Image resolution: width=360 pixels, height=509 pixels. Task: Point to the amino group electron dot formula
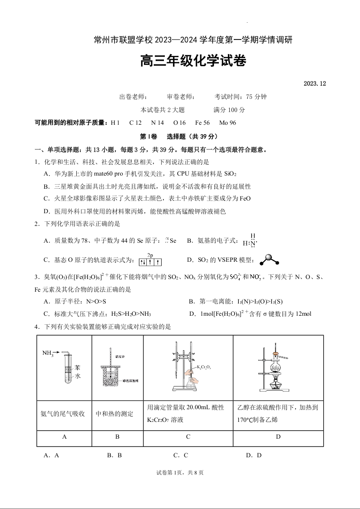click(x=250, y=240)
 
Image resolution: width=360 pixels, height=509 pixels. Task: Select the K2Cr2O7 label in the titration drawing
click(x=203, y=367)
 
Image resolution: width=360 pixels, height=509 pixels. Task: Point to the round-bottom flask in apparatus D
click(x=275, y=368)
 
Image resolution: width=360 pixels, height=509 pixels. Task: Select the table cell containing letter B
click(x=117, y=437)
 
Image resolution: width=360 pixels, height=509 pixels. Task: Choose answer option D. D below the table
click(x=254, y=455)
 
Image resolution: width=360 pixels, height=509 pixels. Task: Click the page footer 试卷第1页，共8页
click(x=180, y=473)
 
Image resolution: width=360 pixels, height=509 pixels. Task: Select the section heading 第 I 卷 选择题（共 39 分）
click(x=179, y=137)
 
